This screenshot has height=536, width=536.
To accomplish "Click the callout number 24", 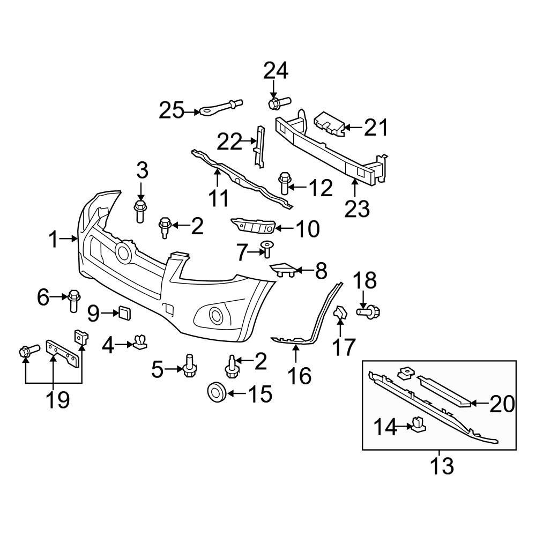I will point(276,71).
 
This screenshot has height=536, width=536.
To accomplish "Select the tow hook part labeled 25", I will point(220,108).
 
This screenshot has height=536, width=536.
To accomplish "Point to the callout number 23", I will point(357,209).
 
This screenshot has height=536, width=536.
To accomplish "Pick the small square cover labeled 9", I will point(125,313).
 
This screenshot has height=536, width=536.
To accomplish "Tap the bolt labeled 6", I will point(73,301).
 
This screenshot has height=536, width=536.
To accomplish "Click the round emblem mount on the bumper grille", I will point(124,252).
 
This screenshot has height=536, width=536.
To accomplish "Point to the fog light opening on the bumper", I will point(218,315).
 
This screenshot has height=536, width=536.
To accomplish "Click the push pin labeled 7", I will point(266,250).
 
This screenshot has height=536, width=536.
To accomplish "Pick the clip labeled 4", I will point(141,341).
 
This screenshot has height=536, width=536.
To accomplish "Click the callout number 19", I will point(58,400).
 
